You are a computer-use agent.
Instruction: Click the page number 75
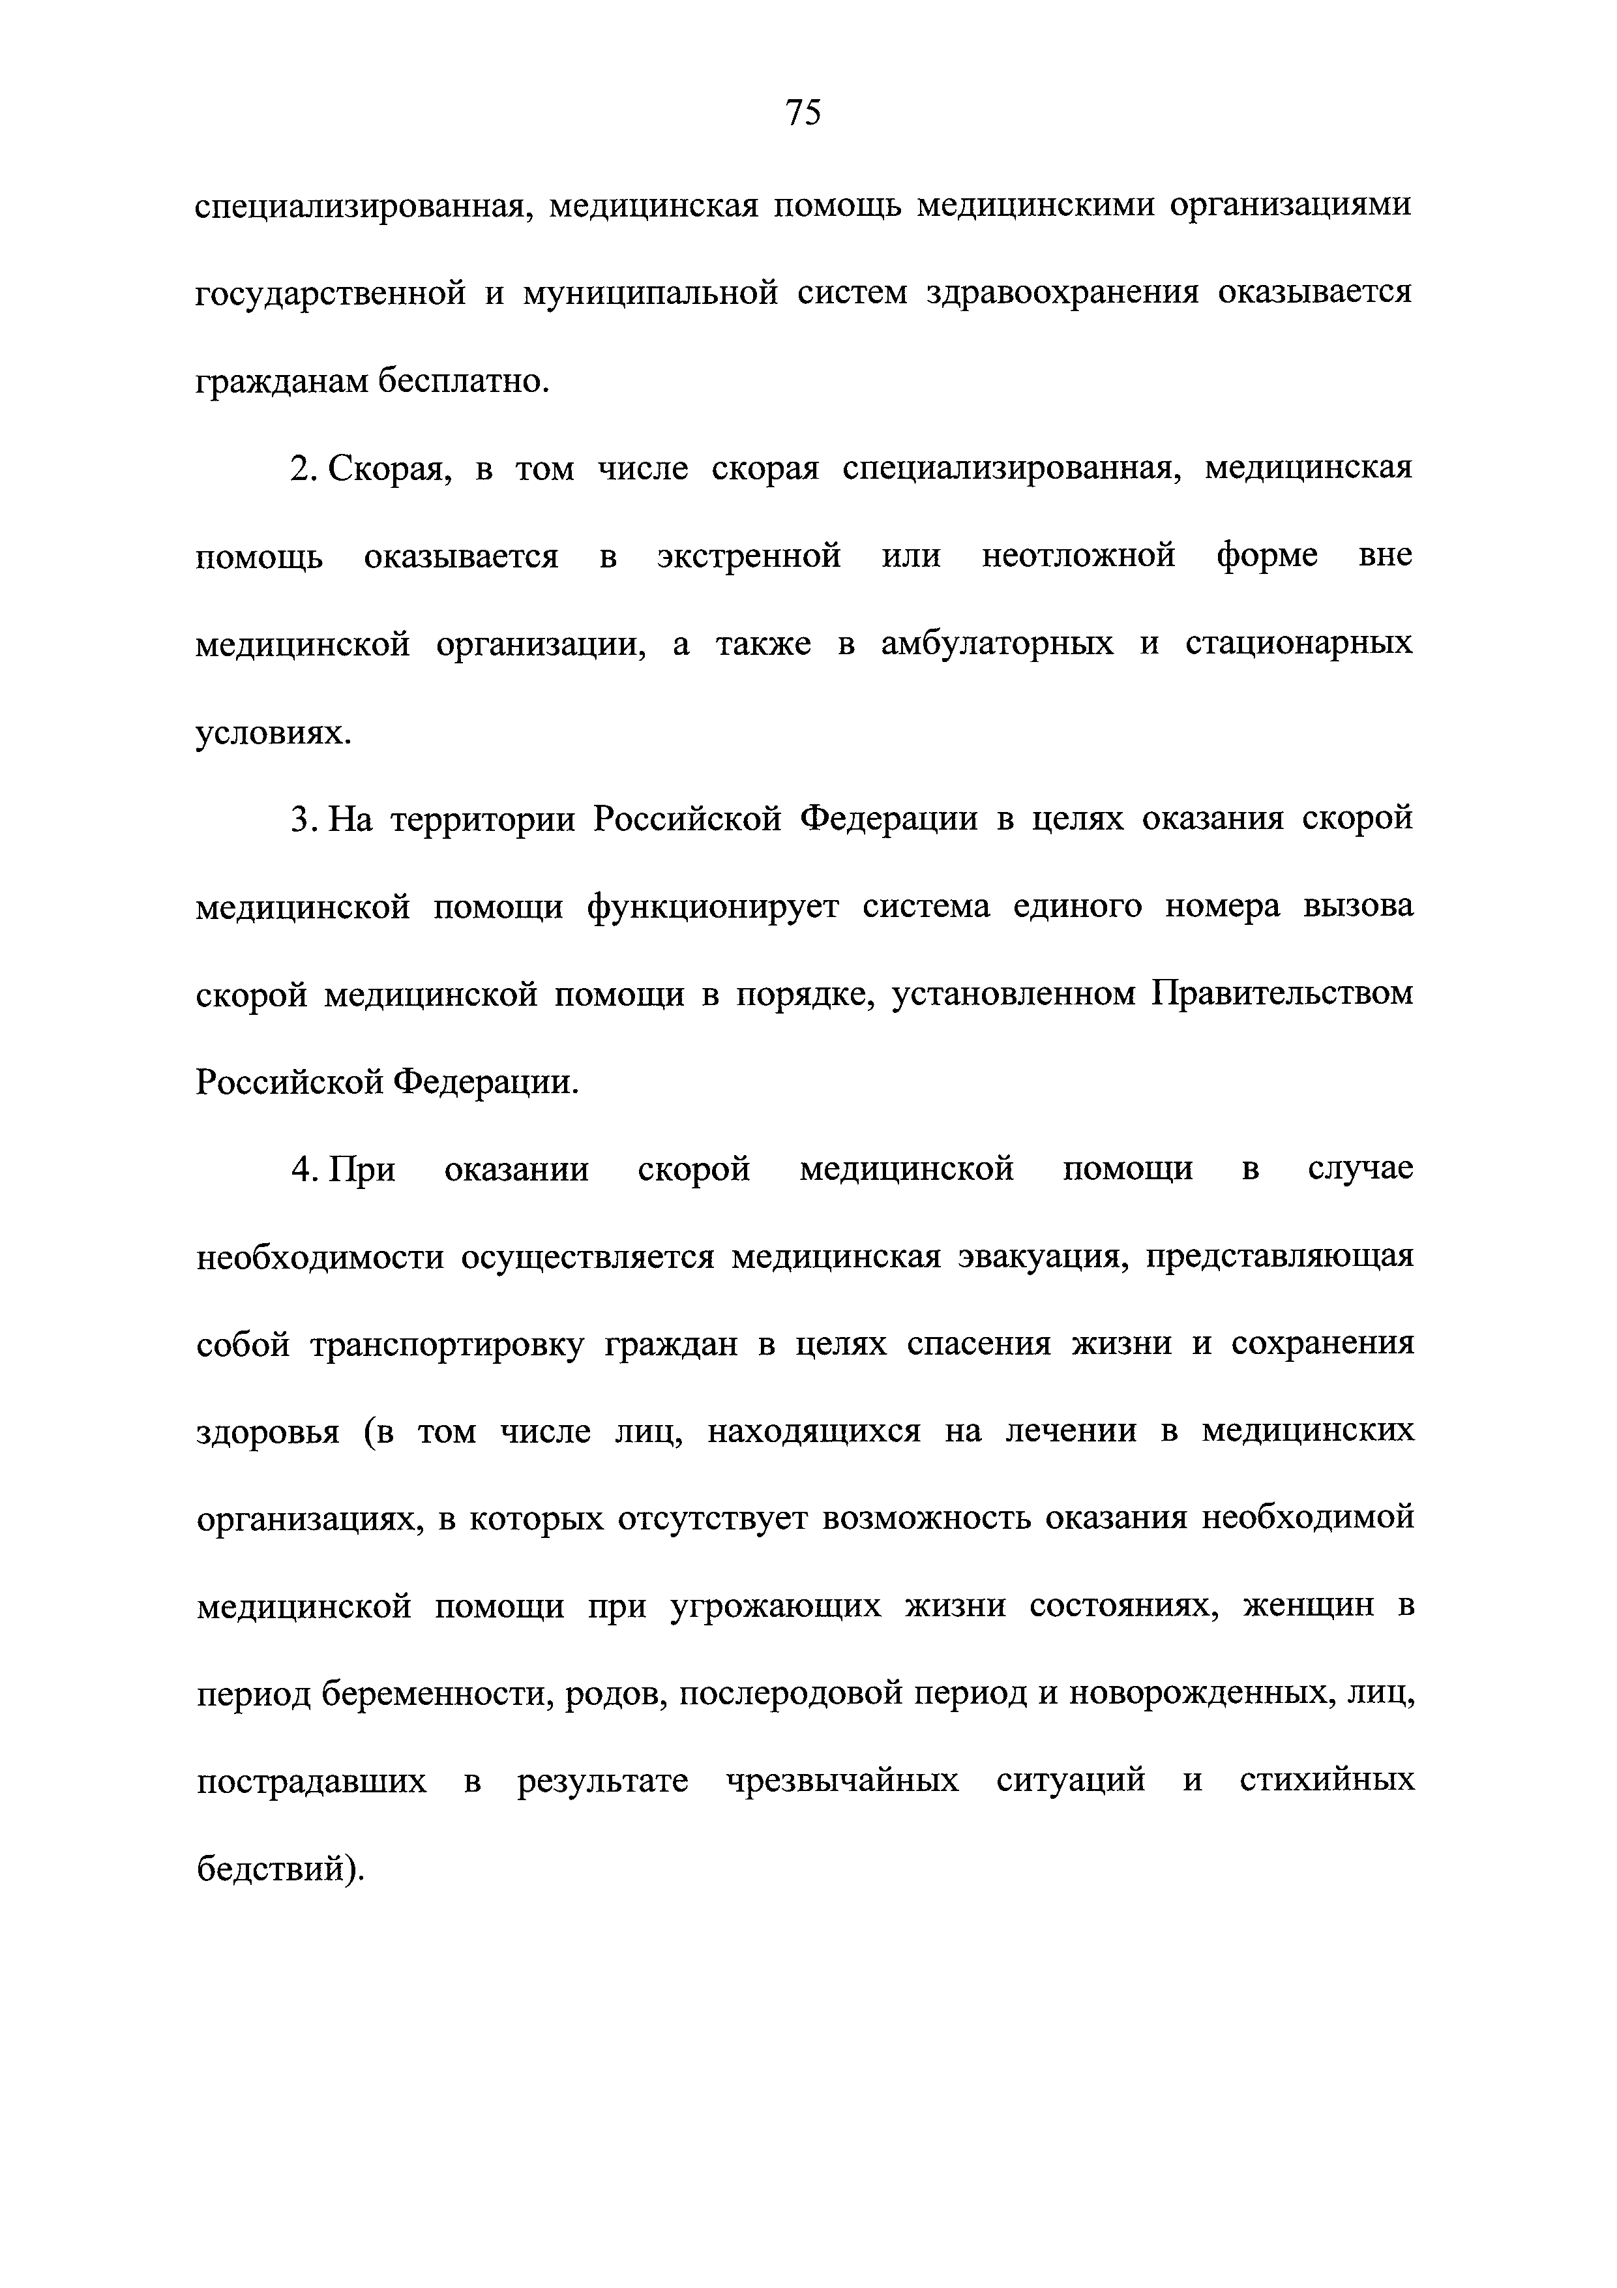tap(803, 113)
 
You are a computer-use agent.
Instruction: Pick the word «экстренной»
tap(749, 556)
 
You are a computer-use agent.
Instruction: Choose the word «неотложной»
tap(1078, 556)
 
